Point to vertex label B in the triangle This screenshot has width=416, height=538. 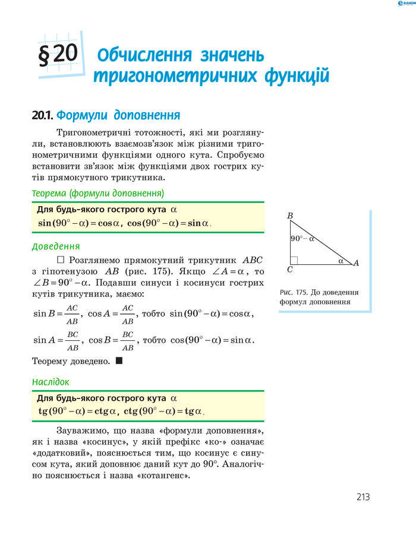(290, 216)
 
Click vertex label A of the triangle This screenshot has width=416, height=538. (356, 262)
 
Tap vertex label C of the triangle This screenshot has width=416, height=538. (289, 270)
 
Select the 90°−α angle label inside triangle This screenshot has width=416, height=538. (302, 239)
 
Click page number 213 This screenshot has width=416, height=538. (363, 497)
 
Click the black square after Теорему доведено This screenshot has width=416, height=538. (119, 360)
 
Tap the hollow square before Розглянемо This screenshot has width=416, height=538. (61, 260)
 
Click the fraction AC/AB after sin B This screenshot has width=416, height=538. (72, 314)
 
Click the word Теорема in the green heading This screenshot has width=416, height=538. (49, 193)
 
